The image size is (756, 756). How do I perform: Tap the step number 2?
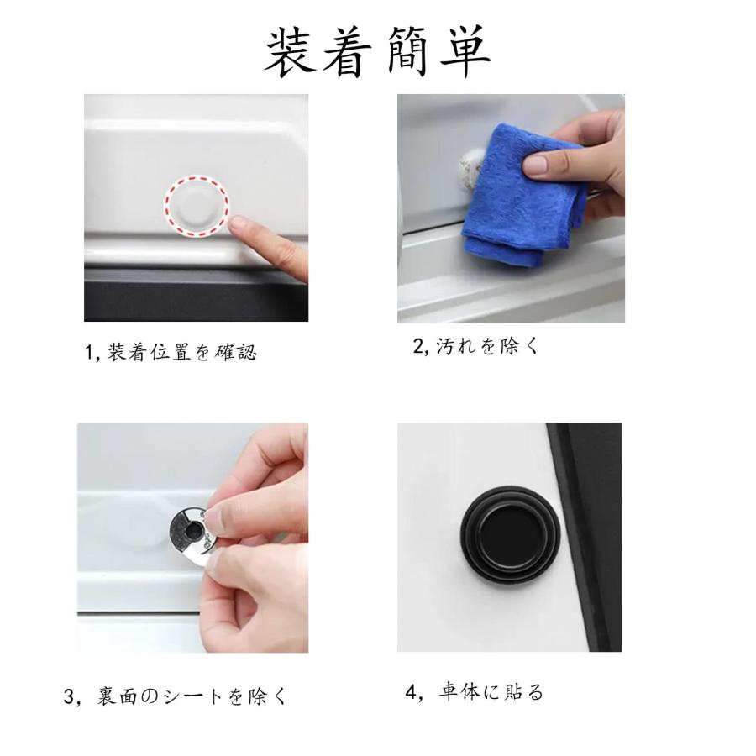(x=417, y=345)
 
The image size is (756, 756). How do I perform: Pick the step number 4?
(x=411, y=692)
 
